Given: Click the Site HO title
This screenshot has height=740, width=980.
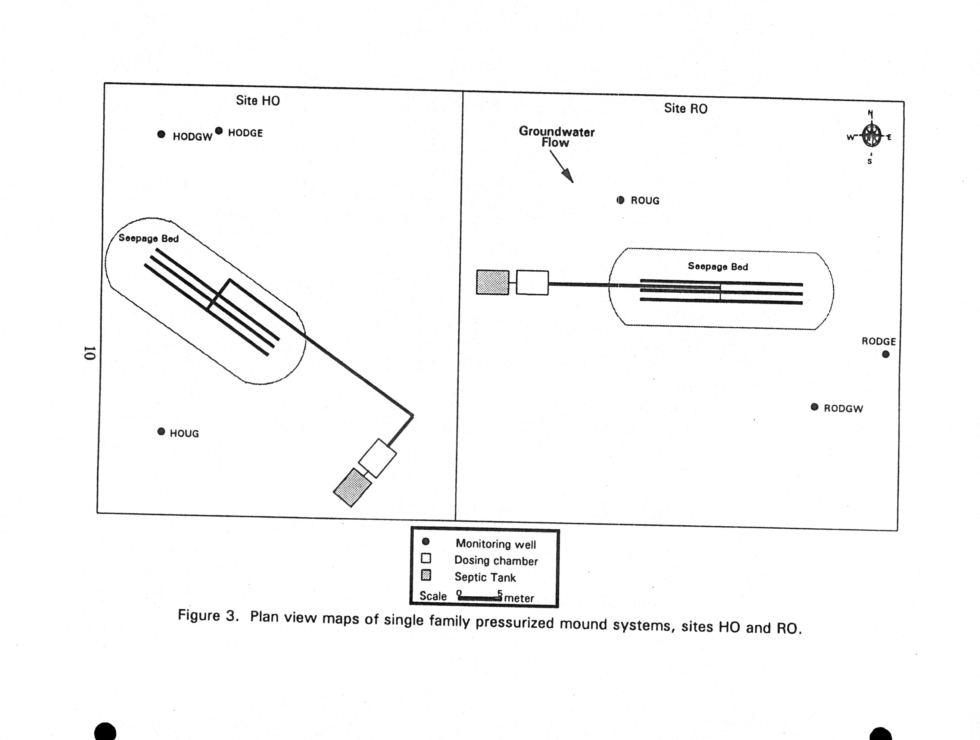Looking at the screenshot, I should pos(257,101).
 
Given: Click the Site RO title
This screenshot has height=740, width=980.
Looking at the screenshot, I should pos(685,108).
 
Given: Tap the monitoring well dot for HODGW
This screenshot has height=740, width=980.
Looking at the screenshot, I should pos(161,134).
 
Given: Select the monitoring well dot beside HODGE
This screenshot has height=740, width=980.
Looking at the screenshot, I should pos(219,131).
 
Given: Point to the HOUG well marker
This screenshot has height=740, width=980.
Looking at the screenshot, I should pos(161,431).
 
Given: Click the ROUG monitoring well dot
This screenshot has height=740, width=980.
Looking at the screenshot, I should pos(621,200).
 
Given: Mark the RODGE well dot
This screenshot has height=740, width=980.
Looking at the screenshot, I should pos(886,354).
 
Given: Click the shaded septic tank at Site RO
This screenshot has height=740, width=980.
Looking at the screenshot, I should pos(492,282).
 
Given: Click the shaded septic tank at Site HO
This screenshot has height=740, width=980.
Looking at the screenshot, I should pos(352,487).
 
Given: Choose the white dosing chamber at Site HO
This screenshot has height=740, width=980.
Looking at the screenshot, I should pos(377,458).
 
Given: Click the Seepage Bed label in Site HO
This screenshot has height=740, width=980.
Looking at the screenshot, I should pos(148,239).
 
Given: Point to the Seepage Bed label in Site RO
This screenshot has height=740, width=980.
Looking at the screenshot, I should pos(718,267).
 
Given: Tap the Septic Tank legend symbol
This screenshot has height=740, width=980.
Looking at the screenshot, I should pos(426,576).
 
